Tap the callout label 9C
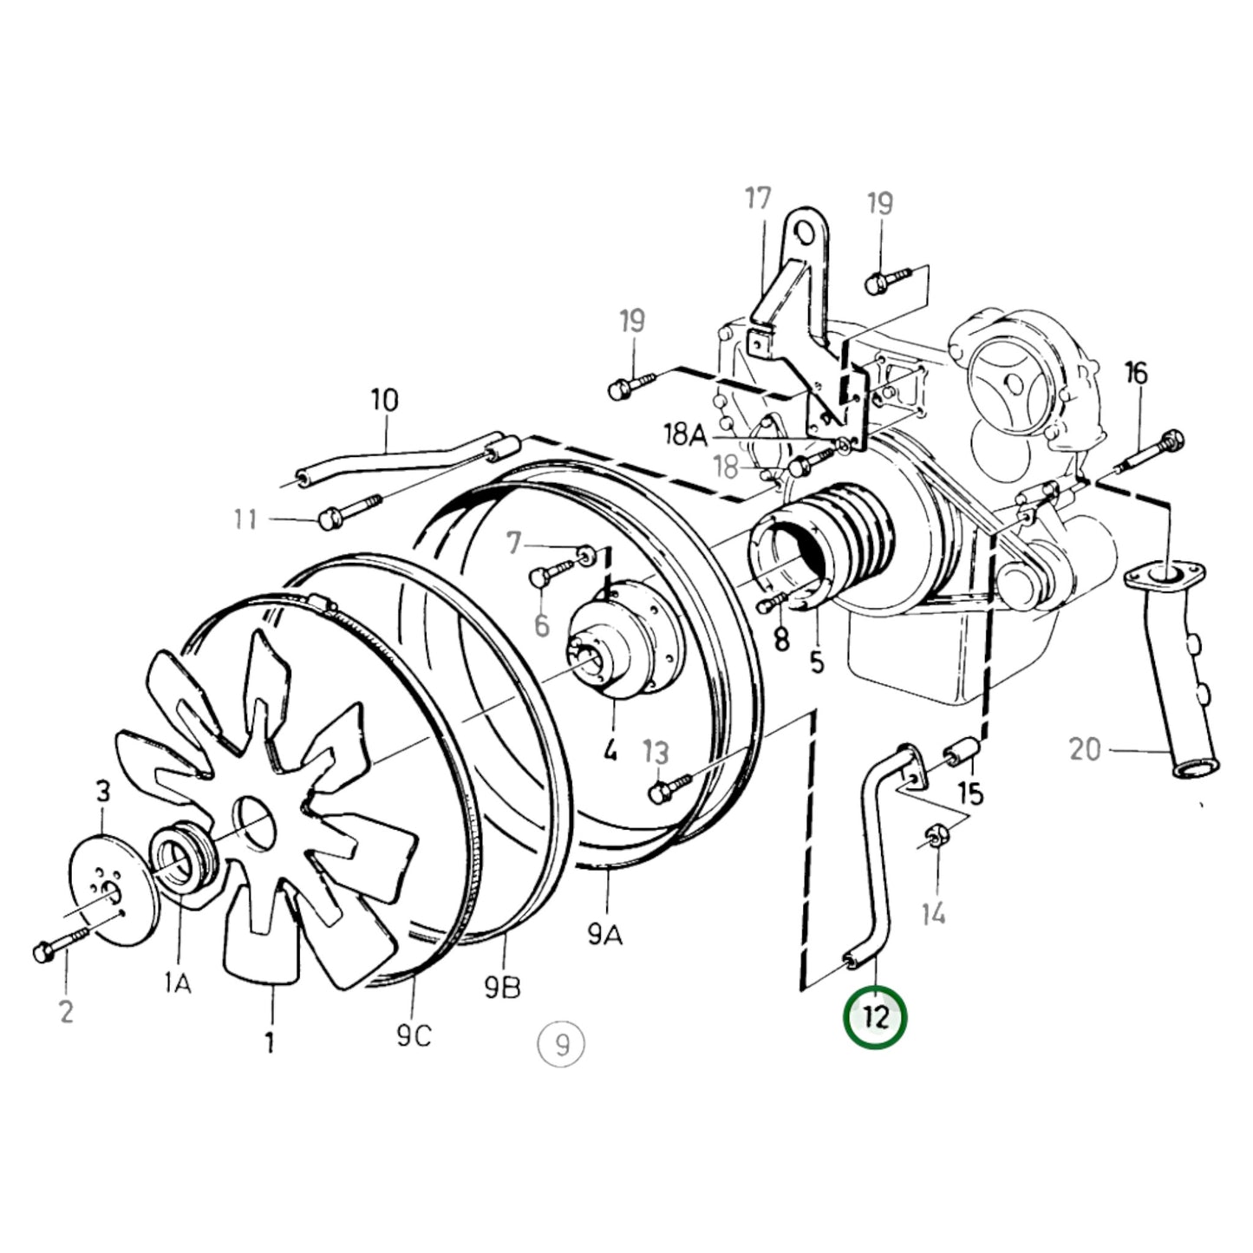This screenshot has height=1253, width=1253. (x=414, y=1034)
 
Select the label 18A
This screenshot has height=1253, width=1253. (x=685, y=434)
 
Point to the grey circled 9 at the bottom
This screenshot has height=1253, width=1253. (x=561, y=1044)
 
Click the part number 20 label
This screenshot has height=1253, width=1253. (x=1085, y=750)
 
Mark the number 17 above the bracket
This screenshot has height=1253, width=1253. (x=758, y=199)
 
